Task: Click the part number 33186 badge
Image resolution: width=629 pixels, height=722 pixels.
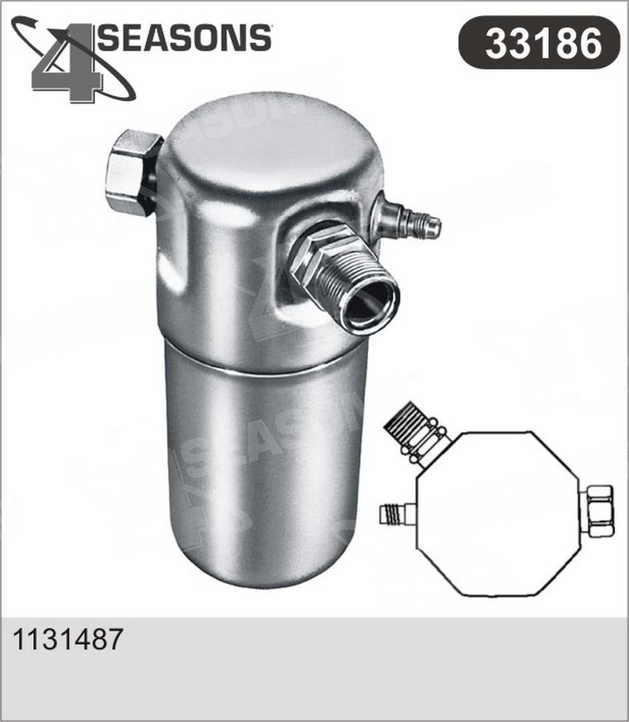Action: click(539, 43)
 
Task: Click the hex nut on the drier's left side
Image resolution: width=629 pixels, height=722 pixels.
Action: click(132, 172)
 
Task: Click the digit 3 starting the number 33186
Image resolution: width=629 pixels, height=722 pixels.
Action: click(496, 43)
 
